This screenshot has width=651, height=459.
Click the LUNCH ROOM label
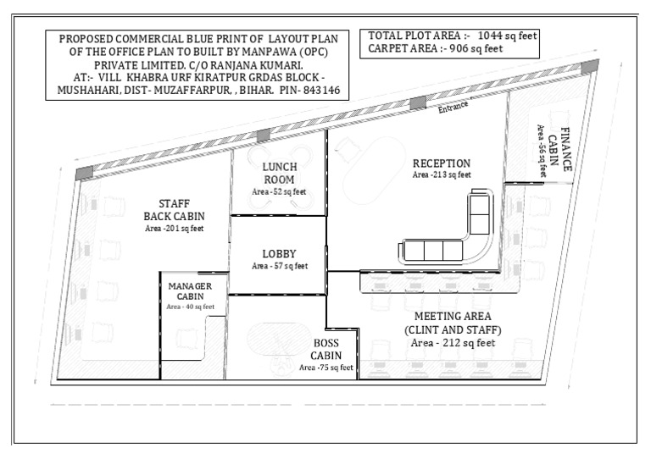[279, 173]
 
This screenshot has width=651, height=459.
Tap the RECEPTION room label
[441, 163]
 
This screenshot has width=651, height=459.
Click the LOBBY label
[279, 253]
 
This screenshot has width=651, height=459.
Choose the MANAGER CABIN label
[190, 290]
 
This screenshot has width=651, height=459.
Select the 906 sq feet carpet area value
[481, 49]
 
